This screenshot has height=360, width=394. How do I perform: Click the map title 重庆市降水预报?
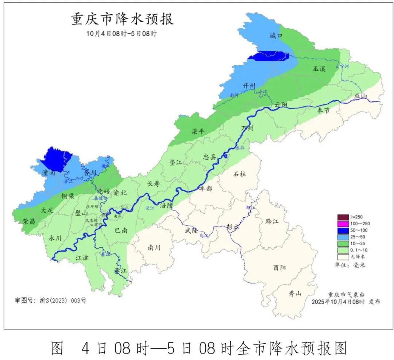click(x=122, y=19)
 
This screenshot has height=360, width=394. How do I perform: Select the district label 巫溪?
click(x=318, y=68)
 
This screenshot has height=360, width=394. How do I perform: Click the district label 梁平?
click(x=198, y=131)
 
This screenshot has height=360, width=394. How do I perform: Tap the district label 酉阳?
click(x=279, y=268)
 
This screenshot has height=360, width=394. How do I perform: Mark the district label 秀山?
click(x=295, y=293)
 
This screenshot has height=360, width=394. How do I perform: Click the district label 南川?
click(x=154, y=248)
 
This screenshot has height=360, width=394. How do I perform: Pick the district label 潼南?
click(x=48, y=173)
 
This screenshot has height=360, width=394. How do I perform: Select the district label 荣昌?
click(x=29, y=221)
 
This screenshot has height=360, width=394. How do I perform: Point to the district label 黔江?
click(x=272, y=222)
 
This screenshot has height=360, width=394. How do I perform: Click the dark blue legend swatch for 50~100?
click(x=343, y=230)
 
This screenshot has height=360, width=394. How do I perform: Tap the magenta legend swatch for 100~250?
click(x=343, y=223)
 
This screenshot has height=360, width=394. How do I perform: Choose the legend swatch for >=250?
click(x=343, y=217)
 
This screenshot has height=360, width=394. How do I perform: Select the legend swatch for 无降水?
click(x=343, y=256)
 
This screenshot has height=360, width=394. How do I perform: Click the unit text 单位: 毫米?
click(x=349, y=265)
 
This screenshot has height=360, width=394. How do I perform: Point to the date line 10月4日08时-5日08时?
click(x=121, y=34)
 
